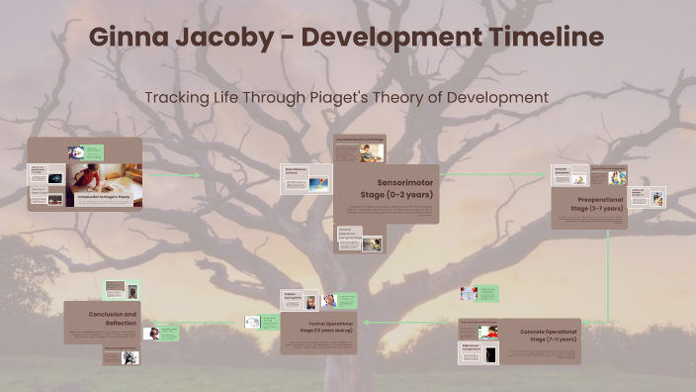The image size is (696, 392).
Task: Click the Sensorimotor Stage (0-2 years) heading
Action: pyautogui.click(x=404, y=189)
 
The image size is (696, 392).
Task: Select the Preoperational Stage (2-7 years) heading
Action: pyautogui.click(x=597, y=204)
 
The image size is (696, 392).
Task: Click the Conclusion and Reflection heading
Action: pyautogui.click(x=112, y=318)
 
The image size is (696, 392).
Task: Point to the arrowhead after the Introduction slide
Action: pyautogui.click(x=198, y=176)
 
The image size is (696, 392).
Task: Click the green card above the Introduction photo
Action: pyautogui.click(x=93, y=152)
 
